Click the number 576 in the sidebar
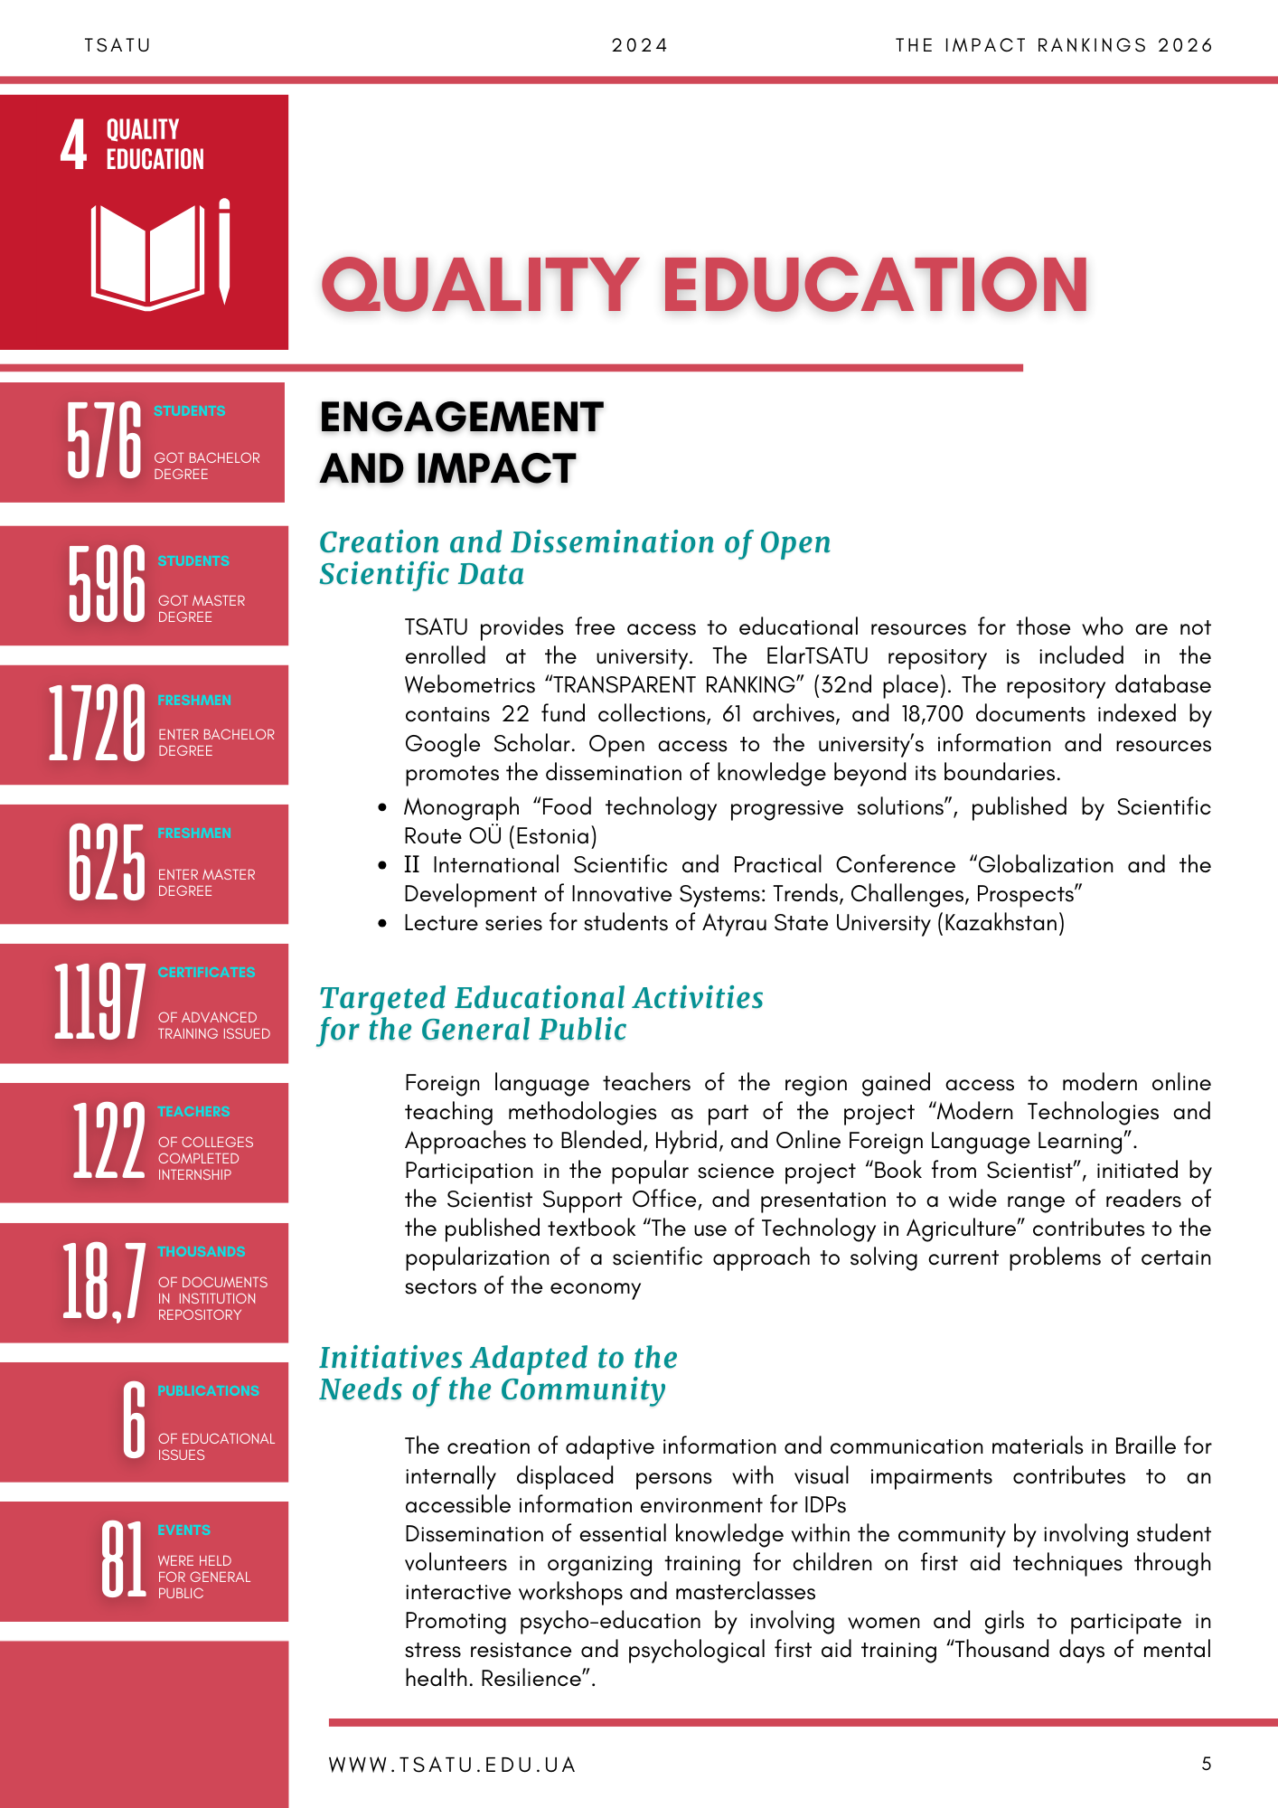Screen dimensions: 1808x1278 (x=104, y=440)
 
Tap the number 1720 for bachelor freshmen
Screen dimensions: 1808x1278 (x=97, y=723)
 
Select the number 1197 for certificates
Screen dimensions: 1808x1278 (x=99, y=1002)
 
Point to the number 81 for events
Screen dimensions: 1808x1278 (x=123, y=1559)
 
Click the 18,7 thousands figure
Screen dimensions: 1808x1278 (x=103, y=1282)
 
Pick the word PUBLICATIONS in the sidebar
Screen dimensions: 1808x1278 (x=208, y=1390)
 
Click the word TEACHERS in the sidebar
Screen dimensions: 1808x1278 (x=193, y=1111)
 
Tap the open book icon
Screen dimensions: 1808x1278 (x=147, y=256)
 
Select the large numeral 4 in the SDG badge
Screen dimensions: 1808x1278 (x=74, y=145)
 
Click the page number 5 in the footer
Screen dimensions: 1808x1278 (x=1207, y=1764)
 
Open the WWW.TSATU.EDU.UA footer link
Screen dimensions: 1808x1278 (x=452, y=1765)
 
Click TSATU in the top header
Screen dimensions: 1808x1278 (x=117, y=45)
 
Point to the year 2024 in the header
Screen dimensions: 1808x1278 (x=639, y=45)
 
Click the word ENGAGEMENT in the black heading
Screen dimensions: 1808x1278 (x=461, y=418)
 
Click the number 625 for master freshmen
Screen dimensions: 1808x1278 (x=107, y=863)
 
